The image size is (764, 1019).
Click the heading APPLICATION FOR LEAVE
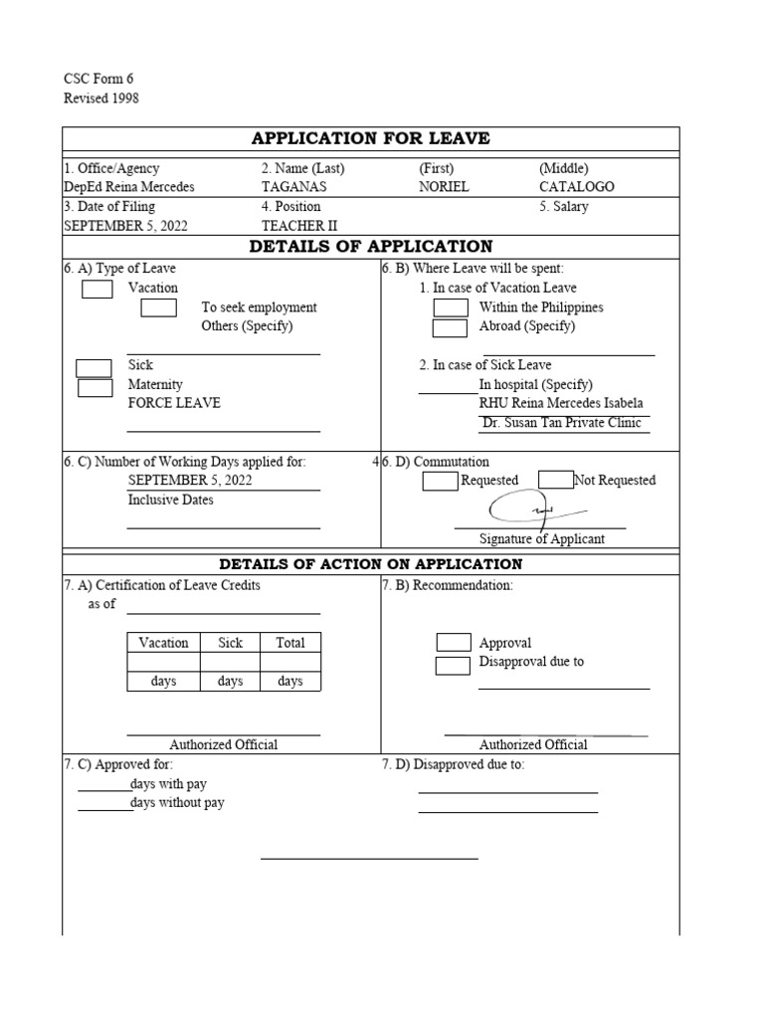(370, 138)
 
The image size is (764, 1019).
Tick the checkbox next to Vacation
(96, 289)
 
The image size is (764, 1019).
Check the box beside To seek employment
(158, 307)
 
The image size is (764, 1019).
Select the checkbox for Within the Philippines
(451, 307)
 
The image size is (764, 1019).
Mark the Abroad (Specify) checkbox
(450, 327)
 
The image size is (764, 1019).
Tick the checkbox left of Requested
(440, 481)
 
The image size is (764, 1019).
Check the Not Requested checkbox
(556, 480)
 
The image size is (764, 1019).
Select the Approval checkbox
(454, 643)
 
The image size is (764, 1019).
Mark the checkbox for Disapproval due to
(454, 664)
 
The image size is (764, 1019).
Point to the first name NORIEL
(442, 187)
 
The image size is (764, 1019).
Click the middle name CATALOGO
(577, 187)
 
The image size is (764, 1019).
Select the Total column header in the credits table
(290, 643)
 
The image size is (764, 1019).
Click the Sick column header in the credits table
(230, 643)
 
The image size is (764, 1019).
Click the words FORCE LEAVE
(174, 403)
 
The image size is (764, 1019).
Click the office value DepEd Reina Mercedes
(129, 187)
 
